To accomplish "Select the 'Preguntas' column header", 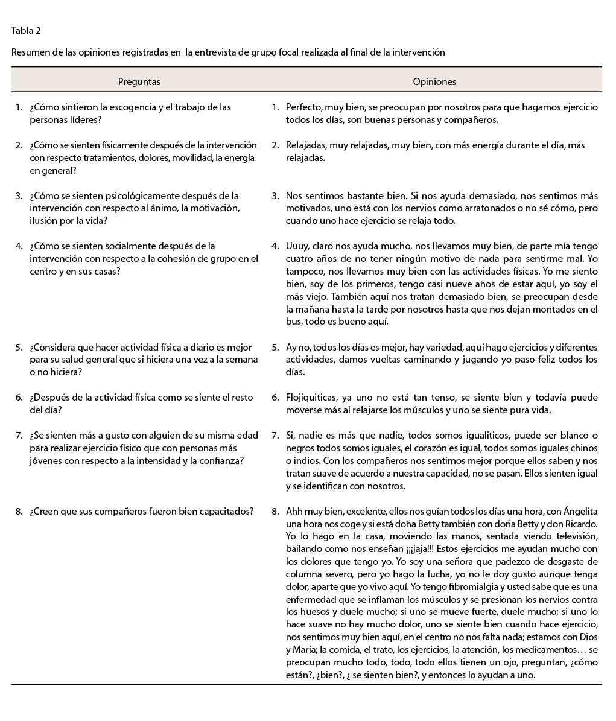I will [x=139, y=82].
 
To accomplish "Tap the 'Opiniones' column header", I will [x=434, y=82].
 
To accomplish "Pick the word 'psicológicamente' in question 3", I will [x=130, y=195].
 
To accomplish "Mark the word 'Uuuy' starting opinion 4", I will [x=297, y=246].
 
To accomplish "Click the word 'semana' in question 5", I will [x=244, y=360].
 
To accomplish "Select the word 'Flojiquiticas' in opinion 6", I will [x=313, y=398].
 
